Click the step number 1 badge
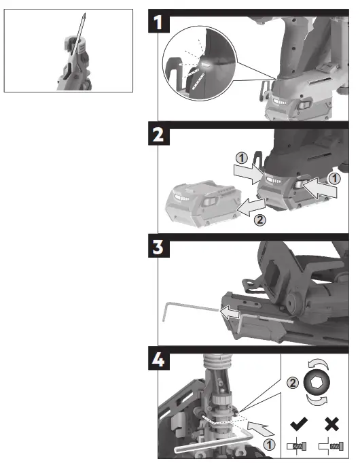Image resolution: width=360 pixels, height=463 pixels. tap(158, 23)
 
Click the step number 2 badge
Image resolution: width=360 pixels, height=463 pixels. tap(158, 135)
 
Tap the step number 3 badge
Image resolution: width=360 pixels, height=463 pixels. tap(158, 246)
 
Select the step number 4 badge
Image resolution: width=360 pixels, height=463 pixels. tap(158, 358)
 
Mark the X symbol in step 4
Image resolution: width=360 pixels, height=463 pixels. tap(334, 425)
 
